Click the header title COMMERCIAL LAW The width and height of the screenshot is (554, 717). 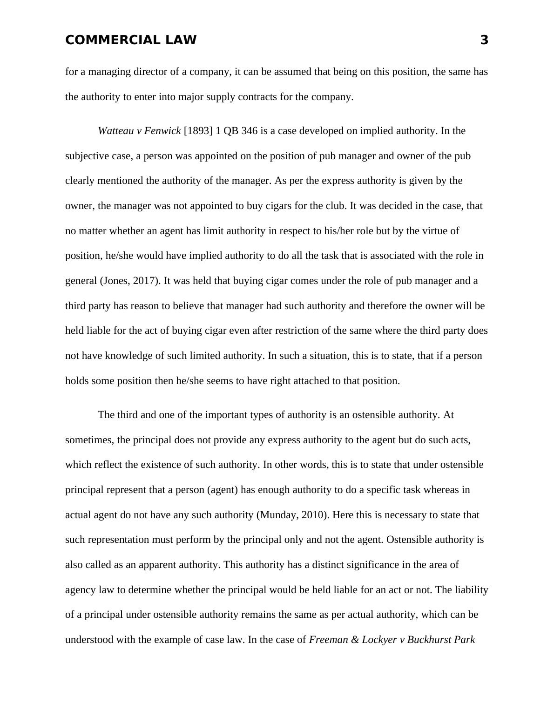click(x=131, y=40)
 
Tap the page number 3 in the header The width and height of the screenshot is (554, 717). click(x=484, y=40)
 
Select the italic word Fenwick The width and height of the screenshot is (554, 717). click(x=162, y=131)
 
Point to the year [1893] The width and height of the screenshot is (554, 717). click(x=198, y=131)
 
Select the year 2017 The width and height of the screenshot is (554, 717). click(x=145, y=281)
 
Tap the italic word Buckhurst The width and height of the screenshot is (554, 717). click(x=429, y=640)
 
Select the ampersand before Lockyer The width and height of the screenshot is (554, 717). click(x=355, y=640)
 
